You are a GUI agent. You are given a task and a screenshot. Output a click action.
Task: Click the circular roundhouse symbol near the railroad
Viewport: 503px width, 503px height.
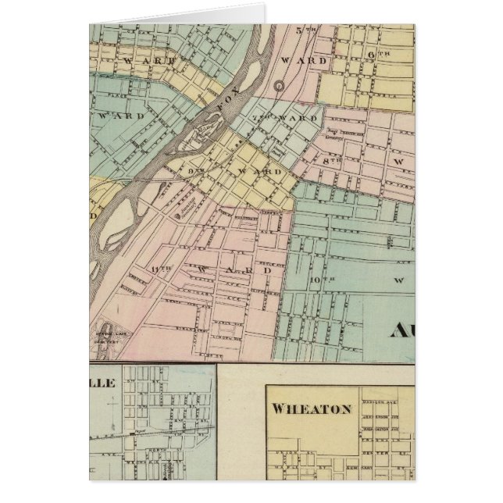279,84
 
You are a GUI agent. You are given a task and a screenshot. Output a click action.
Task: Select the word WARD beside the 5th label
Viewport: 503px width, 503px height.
298,59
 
